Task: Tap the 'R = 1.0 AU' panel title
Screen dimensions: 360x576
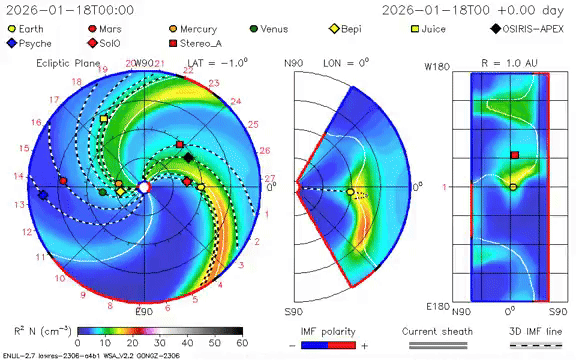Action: pyautogui.click(x=512, y=63)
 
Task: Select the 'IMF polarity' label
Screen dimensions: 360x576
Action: pyautogui.click(x=329, y=330)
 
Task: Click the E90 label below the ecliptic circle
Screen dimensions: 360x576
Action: pyautogui.click(x=144, y=313)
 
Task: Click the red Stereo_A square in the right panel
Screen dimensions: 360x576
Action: pyautogui.click(x=514, y=155)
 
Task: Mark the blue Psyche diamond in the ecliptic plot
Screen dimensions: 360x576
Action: pyautogui.click(x=42, y=195)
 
